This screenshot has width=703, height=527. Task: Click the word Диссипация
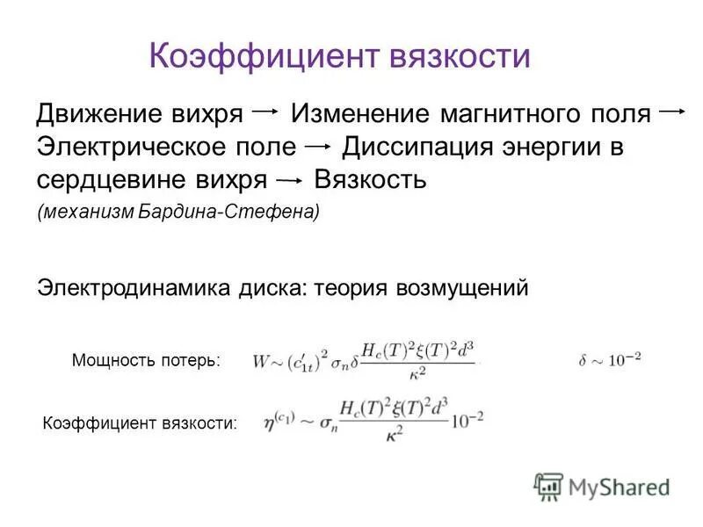coord(417,146)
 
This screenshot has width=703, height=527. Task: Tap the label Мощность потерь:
coord(147,359)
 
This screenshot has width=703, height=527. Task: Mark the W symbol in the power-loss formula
coord(260,360)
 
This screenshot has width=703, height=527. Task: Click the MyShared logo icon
coord(549,486)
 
